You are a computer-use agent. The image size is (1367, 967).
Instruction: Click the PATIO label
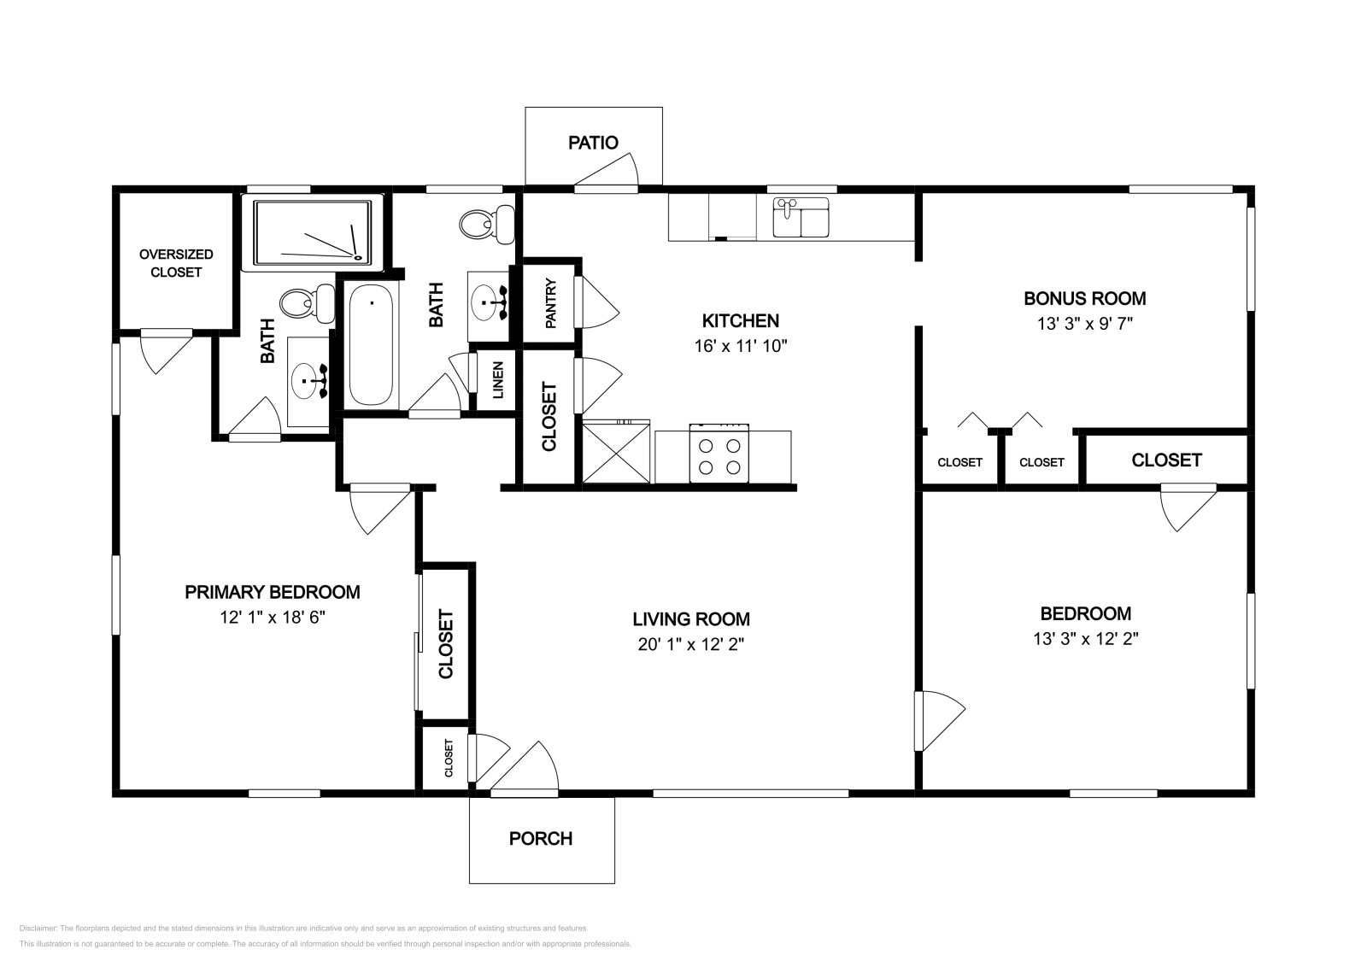point(593,143)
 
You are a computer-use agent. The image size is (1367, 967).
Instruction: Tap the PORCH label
point(540,839)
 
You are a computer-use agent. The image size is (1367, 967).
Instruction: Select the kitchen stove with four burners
point(719,455)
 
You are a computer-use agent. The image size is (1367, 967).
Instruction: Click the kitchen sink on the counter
point(801,217)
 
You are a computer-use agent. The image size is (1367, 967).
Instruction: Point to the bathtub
point(372,345)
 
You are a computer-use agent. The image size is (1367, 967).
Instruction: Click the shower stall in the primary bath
point(314,230)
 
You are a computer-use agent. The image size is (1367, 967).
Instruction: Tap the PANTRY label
point(551,302)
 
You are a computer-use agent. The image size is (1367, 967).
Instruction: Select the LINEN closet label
point(498,381)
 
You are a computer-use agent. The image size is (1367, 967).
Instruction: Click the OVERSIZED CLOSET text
point(176,263)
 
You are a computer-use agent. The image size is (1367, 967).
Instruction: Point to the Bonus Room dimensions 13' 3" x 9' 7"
point(1084,324)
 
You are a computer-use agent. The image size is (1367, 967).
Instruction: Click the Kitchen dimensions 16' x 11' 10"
point(740,346)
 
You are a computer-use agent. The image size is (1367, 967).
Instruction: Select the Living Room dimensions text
point(691,644)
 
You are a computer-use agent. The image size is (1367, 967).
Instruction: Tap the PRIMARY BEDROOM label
point(273,592)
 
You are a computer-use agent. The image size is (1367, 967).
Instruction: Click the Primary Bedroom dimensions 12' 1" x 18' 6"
point(273,617)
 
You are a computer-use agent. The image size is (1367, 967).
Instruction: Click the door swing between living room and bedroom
point(940,720)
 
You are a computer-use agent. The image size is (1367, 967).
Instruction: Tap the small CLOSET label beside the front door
point(449,758)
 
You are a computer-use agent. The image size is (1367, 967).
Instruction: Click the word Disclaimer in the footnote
point(37,928)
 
